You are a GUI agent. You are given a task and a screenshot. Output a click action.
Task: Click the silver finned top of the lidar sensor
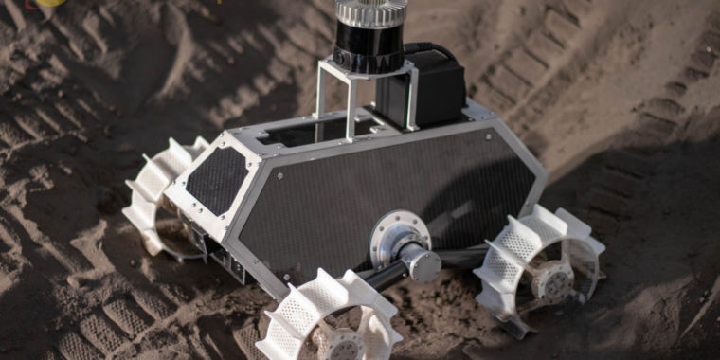point(371,11)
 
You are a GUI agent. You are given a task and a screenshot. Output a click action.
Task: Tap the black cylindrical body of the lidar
point(370,47)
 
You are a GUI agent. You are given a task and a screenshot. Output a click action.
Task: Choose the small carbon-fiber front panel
point(217,179)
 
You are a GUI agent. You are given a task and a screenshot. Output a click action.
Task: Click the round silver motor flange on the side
point(399,238)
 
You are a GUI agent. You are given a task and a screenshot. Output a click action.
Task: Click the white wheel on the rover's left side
point(161,194)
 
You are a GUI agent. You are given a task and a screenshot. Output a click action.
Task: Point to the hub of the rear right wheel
point(551,280)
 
